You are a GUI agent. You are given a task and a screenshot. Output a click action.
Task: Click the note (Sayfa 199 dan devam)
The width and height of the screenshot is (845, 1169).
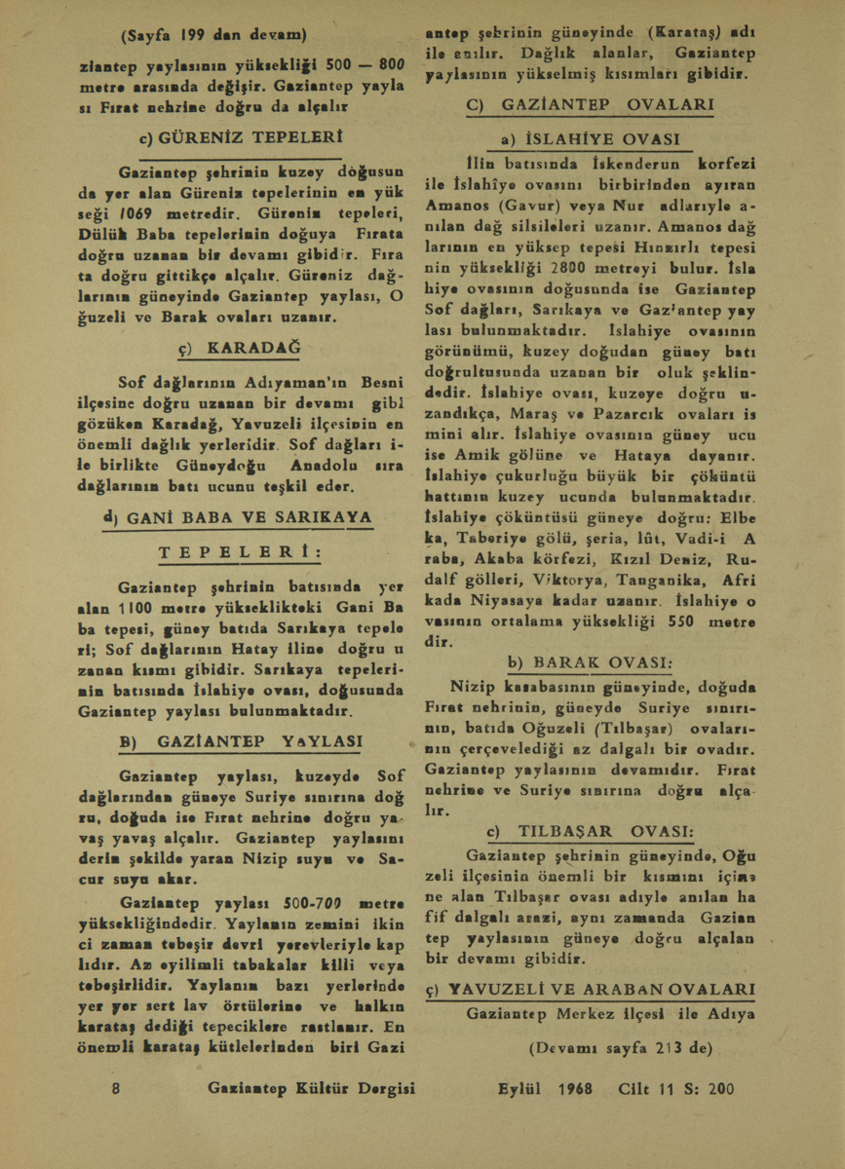click(x=213, y=36)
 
